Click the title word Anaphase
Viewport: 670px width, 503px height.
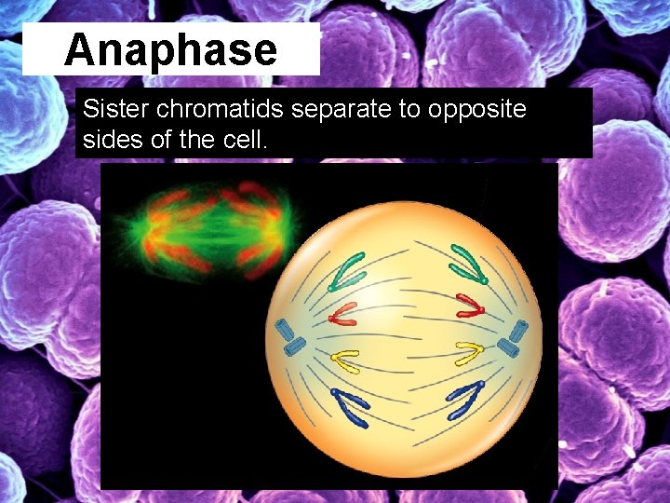(x=170, y=49)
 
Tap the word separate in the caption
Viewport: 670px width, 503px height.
(x=342, y=109)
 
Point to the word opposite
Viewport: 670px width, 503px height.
(x=476, y=109)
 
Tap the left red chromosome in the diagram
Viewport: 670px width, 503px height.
(x=342, y=313)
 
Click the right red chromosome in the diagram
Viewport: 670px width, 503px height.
(x=469, y=306)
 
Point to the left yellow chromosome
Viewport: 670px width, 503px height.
(x=346, y=358)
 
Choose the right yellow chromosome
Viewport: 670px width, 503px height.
(x=469, y=353)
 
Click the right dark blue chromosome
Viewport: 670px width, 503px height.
(x=465, y=398)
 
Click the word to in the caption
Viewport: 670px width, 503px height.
(x=412, y=109)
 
